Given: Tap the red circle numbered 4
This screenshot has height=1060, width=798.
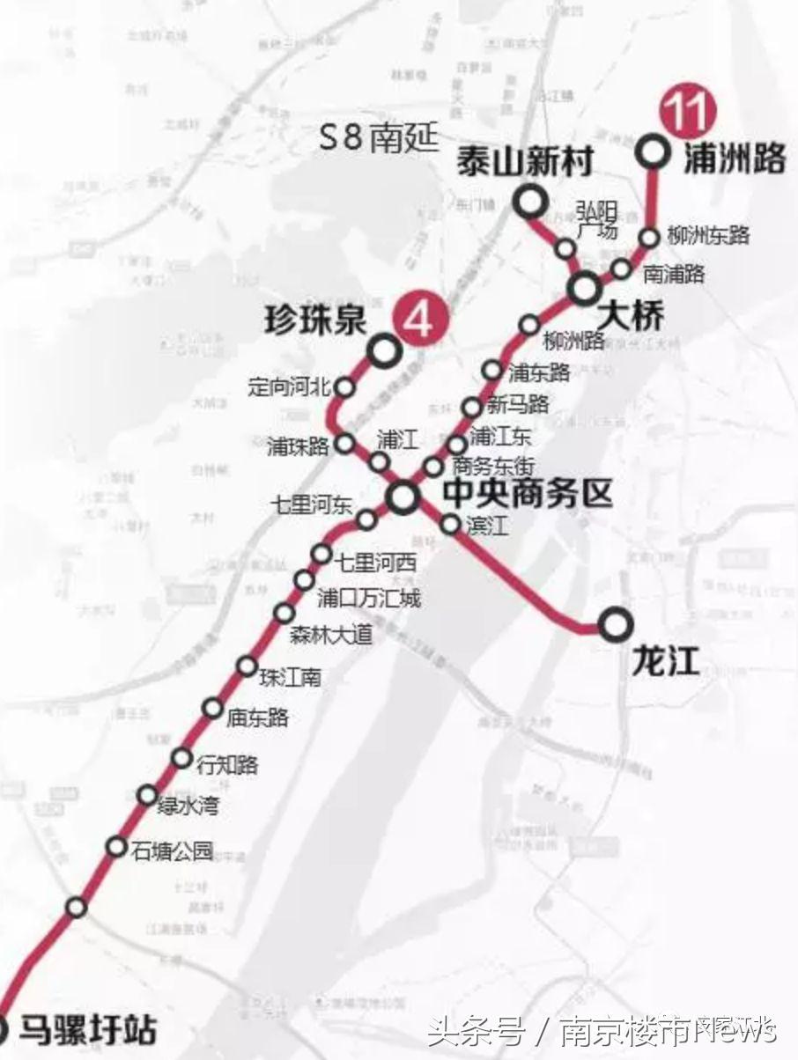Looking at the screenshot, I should point(419,319).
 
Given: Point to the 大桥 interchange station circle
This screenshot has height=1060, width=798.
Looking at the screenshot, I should point(583,288).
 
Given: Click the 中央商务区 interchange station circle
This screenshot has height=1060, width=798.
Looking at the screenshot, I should point(403,497).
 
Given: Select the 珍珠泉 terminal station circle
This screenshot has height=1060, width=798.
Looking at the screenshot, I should point(385,352).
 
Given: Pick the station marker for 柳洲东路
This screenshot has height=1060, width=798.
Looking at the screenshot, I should point(649,237).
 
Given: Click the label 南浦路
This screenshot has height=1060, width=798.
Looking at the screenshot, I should point(674,274).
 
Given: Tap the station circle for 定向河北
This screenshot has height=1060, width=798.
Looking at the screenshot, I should point(345,387).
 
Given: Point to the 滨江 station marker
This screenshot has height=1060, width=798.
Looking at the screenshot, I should point(450,525).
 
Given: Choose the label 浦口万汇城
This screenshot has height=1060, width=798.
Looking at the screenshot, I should point(368,599).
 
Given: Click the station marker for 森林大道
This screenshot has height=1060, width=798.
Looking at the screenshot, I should point(284,613).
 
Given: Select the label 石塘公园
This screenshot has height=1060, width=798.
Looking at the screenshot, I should point(172,850).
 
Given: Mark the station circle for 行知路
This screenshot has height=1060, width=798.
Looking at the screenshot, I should point(181,757).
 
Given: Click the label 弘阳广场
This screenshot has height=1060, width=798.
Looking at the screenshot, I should point(596,221).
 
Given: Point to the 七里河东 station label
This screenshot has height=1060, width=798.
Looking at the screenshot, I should point(311,505).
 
